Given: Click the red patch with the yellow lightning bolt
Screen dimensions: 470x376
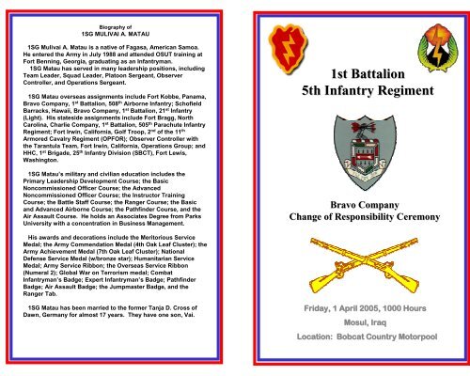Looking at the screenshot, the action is tap(285, 40).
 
